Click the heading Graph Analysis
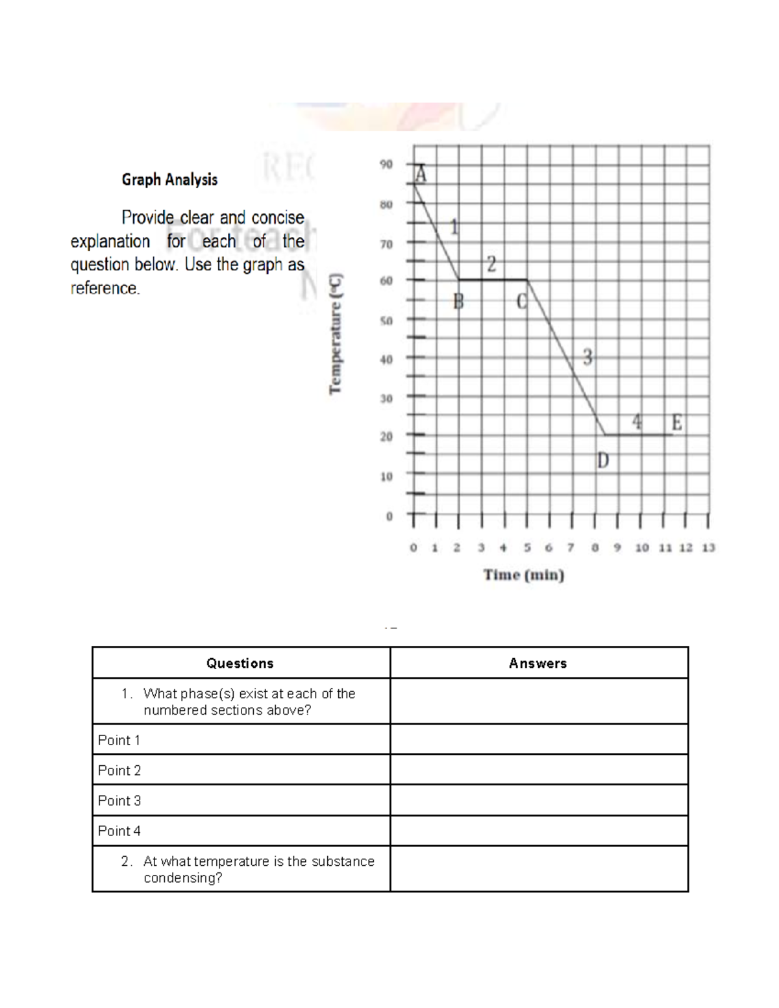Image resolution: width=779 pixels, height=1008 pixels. [x=169, y=180]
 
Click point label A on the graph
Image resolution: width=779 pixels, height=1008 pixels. [x=421, y=174]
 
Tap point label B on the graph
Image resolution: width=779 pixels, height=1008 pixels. [x=458, y=301]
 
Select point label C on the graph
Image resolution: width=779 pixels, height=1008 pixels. [x=522, y=301]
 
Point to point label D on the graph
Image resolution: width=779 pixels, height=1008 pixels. [x=602, y=461]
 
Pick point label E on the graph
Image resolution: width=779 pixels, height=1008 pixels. [x=676, y=423]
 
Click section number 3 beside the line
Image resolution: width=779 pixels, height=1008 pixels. [x=587, y=356]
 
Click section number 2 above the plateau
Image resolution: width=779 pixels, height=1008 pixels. [x=491, y=264]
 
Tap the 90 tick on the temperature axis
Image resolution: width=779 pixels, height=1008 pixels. [x=386, y=164]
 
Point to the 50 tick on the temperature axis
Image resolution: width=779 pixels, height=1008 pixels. [x=386, y=321]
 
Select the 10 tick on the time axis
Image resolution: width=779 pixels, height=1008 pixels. [x=641, y=548]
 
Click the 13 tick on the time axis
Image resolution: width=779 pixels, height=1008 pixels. [x=708, y=548]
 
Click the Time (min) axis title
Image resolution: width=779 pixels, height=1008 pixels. [x=523, y=574]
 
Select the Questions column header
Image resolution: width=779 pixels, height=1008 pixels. [x=240, y=663]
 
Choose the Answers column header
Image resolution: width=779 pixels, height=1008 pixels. [x=538, y=663]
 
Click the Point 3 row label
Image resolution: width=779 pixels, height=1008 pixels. [x=119, y=801]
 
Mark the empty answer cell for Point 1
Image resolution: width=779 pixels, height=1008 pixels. [x=539, y=739]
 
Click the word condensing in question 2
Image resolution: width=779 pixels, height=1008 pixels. [x=182, y=878]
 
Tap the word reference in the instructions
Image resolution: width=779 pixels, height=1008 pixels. [x=105, y=288]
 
